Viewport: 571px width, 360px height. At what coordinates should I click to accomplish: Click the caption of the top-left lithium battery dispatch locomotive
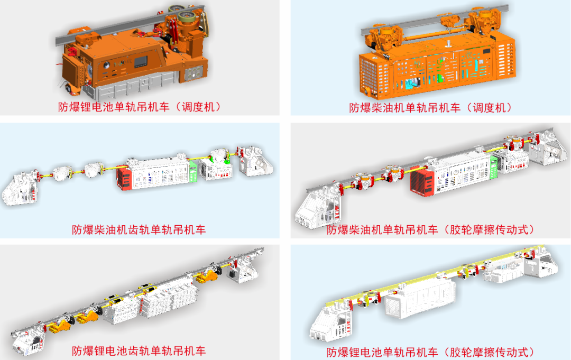point(140,107)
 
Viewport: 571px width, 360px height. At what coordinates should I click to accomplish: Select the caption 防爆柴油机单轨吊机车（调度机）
point(431,108)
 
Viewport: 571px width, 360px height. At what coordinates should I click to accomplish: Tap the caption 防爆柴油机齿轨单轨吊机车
point(139,229)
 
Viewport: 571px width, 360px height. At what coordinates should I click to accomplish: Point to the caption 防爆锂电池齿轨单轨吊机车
point(139,351)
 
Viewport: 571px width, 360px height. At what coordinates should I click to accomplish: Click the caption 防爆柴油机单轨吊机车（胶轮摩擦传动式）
point(431,229)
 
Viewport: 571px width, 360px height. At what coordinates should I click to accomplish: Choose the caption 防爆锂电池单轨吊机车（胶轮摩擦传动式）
point(431,352)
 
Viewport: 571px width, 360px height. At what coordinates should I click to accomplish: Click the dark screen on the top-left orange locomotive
point(141,62)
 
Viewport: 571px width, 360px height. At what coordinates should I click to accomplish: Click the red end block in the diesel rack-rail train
point(124,178)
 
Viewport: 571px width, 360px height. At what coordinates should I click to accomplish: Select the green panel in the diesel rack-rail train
point(193,171)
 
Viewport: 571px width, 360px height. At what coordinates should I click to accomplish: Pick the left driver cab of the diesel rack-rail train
point(21,189)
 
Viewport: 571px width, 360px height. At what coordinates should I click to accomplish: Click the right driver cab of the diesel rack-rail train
point(256,161)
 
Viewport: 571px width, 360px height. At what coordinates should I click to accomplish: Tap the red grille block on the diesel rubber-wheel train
point(422,182)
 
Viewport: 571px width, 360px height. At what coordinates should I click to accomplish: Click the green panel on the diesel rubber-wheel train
point(494,167)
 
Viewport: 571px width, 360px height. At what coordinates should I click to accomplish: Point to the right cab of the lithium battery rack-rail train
point(242,272)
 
